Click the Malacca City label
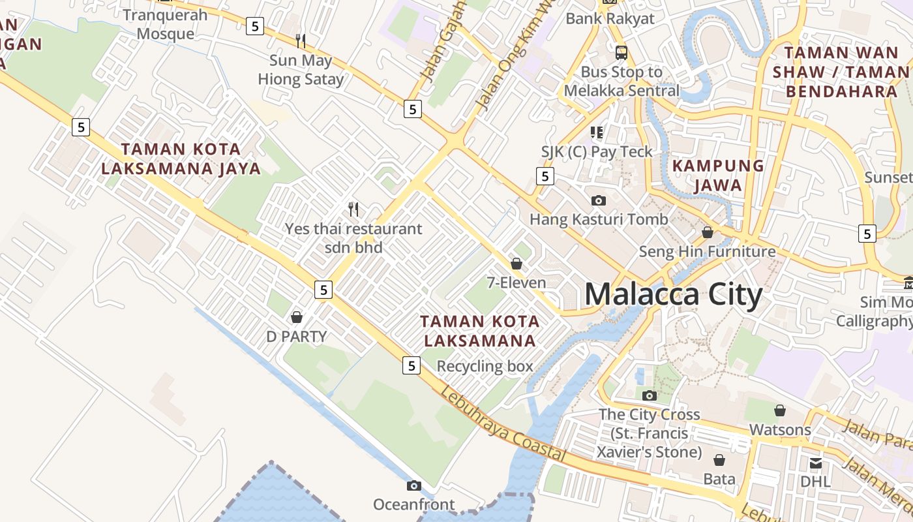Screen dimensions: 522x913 [x=673, y=295]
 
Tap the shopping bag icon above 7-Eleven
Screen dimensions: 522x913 [x=516, y=264]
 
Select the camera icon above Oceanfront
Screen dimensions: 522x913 [x=413, y=485]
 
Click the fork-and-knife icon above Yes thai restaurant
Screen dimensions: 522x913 [x=353, y=209]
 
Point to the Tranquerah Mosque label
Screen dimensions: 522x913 [x=165, y=24]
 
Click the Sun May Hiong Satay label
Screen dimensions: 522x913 [x=301, y=70]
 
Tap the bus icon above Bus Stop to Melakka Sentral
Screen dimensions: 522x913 [x=621, y=52]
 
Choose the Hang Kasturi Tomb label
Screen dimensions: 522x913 [x=599, y=219]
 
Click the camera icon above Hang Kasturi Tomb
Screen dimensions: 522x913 [x=599, y=200]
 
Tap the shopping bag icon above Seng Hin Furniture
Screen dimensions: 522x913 [x=708, y=232]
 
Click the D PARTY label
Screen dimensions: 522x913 [x=296, y=337]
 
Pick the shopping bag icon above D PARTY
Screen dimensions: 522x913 [x=297, y=317]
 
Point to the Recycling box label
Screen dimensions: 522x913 [x=485, y=366]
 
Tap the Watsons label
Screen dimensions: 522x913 [x=780, y=430]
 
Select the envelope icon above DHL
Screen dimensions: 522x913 [x=816, y=463]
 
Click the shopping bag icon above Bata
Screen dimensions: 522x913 [x=719, y=460]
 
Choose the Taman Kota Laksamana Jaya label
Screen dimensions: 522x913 [x=181, y=159]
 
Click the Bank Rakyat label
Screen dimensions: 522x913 [x=610, y=18]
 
